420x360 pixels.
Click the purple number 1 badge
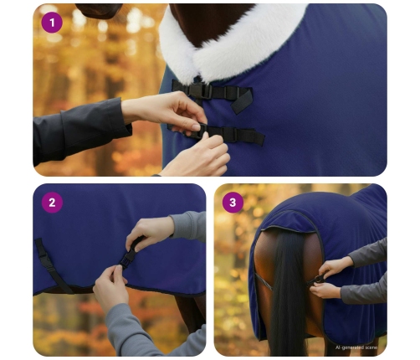(52, 23)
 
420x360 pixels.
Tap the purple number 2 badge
(52, 203)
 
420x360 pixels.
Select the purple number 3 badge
(233, 203)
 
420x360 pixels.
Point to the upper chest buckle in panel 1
(199, 90)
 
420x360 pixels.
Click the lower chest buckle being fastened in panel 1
(203, 131)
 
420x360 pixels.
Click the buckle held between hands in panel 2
(130, 252)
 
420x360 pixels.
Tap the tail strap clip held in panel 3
(320, 278)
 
